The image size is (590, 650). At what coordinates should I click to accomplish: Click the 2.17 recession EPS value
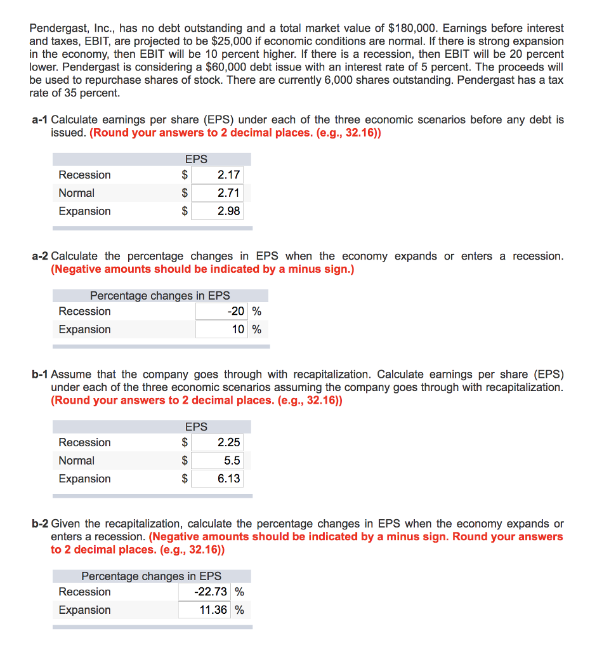pyautogui.click(x=228, y=175)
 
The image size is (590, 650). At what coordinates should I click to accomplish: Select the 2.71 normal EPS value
pyautogui.click(x=228, y=193)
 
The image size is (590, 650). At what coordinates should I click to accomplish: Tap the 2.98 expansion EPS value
pyautogui.click(x=228, y=211)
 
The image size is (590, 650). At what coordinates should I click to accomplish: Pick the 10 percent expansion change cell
pyautogui.click(x=238, y=329)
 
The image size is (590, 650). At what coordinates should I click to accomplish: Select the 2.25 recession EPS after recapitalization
pyautogui.click(x=228, y=442)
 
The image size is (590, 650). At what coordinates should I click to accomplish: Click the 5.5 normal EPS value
pyautogui.click(x=232, y=461)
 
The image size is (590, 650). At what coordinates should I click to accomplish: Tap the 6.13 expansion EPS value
pyautogui.click(x=228, y=479)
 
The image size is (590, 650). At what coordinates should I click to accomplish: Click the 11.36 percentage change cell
pyautogui.click(x=214, y=610)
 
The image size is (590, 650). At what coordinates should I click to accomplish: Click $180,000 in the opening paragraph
pyautogui.click(x=413, y=28)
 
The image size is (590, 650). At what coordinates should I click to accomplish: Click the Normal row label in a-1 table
pyautogui.click(x=76, y=193)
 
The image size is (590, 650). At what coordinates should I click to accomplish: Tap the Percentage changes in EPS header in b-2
pyautogui.click(x=151, y=576)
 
